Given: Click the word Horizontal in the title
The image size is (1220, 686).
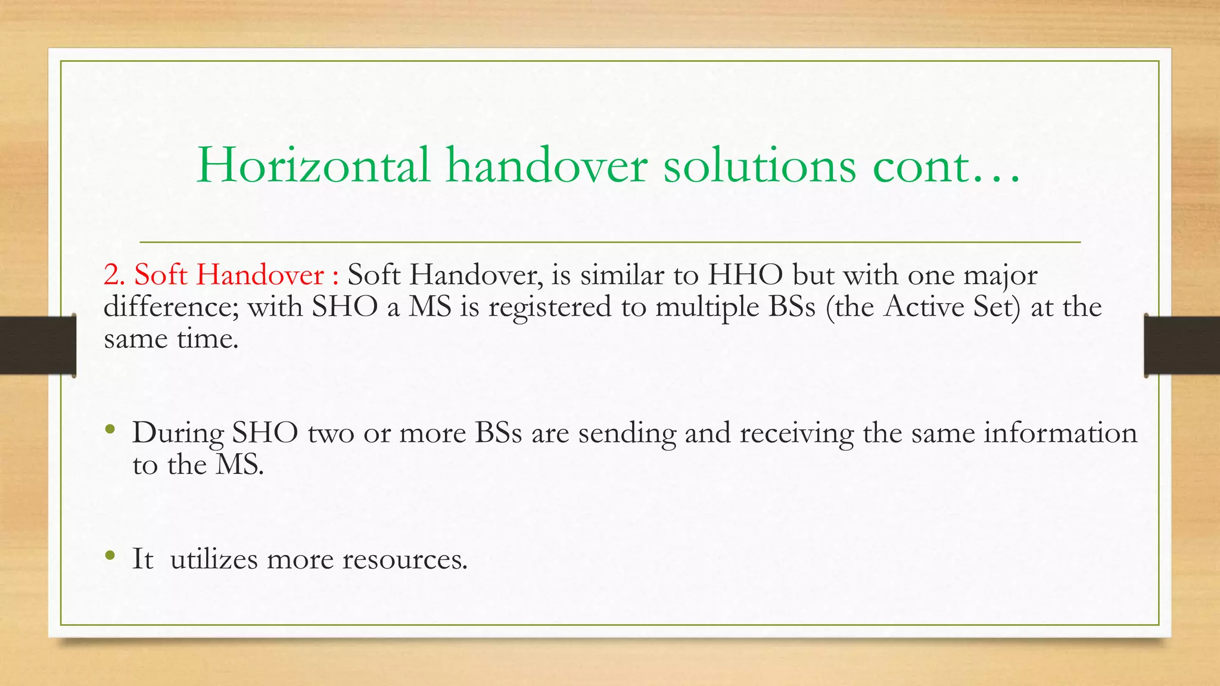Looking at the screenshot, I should (313, 166).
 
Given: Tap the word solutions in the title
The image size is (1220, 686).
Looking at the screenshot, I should (760, 166).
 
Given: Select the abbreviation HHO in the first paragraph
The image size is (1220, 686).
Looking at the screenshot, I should (745, 275).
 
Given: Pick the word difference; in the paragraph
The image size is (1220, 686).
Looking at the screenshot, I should (171, 307).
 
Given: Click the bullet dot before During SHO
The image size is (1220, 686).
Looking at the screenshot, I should (110, 429).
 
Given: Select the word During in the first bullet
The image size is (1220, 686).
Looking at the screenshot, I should (178, 434).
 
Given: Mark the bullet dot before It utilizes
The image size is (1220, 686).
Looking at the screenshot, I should (110, 555).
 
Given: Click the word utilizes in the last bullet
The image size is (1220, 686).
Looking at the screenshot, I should (214, 559).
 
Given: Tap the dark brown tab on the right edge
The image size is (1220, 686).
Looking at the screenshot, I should (1182, 345).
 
